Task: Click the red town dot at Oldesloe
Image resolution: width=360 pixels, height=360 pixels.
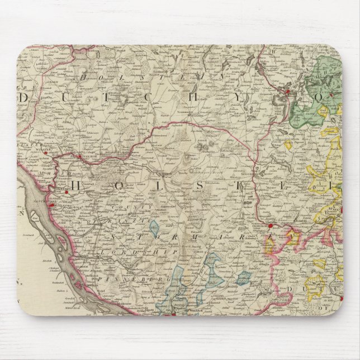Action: point(270,226)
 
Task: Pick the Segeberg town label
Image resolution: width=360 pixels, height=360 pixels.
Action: point(249,173)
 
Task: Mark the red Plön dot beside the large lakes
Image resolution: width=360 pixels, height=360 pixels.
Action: point(287,91)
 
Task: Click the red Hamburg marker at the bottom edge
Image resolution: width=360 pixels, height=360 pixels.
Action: point(174,314)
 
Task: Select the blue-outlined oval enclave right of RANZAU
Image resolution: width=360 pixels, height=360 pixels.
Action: point(154,230)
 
